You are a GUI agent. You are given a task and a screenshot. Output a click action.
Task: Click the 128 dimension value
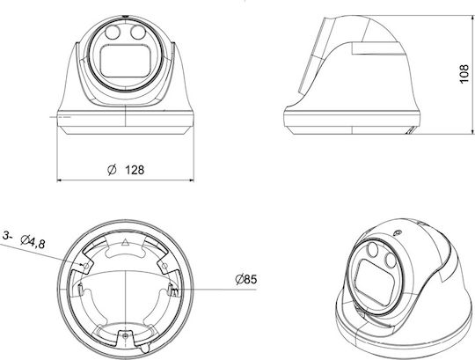135,170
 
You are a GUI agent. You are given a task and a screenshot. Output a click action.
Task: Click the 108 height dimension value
464,74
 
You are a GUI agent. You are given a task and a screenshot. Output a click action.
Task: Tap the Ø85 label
246,279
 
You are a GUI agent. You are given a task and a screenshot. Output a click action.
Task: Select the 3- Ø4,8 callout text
25,240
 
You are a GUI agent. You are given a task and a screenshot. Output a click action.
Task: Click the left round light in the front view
113,33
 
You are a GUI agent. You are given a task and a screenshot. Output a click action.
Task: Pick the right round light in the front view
138,33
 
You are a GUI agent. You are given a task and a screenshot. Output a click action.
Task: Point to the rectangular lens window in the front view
126,62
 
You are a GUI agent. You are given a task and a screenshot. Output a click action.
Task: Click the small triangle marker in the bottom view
125,242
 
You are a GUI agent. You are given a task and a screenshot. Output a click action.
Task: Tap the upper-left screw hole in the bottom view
86,266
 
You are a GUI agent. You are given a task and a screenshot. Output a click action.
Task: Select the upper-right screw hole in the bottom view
164,266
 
